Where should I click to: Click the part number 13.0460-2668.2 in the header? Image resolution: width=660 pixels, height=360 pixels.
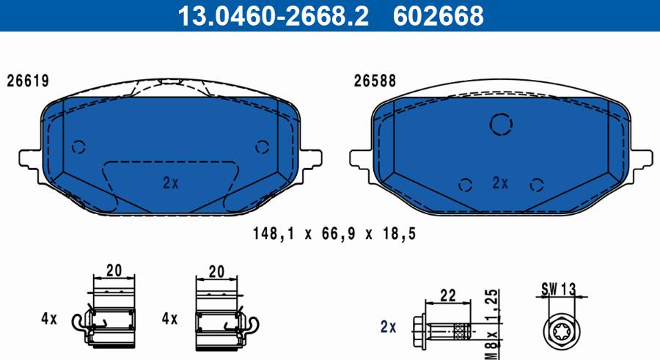pyautogui.click(x=273, y=15)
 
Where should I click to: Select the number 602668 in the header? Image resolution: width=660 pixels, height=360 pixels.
pyautogui.click(x=439, y=15)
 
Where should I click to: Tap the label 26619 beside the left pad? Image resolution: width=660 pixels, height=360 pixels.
pyautogui.click(x=28, y=81)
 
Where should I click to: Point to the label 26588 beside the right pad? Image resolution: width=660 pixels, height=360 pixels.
pyautogui.click(x=375, y=81)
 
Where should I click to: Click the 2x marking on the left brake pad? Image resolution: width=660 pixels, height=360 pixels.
pyautogui.click(x=171, y=183)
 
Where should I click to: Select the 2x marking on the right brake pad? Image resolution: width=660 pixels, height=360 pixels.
pyautogui.click(x=500, y=183)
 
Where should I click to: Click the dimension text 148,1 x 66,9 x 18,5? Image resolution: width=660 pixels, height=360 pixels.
pyautogui.click(x=334, y=233)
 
